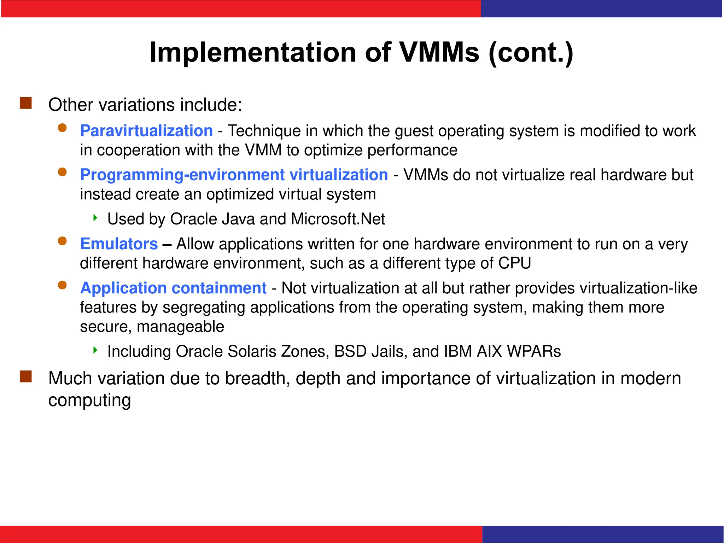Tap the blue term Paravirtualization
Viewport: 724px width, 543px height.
pos(146,131)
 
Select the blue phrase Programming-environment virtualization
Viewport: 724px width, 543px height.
pos(234,175)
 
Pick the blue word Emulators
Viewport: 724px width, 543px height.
pos(119,244)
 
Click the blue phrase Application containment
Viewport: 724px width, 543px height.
pos(173,288)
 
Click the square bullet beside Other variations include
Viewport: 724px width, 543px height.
pos(26,103)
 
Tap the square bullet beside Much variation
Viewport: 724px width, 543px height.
pos(26,376)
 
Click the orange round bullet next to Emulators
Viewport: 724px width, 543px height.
pos(62,241)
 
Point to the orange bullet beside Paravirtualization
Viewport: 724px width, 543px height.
pos(62,128)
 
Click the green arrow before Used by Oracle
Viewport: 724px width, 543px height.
pos(95,218)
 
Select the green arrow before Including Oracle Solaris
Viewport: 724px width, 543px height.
pos(95,350)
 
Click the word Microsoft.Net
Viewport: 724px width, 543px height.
pos(338,219)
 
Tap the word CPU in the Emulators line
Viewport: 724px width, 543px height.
pos(514,263)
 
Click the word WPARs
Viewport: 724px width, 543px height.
pos(534,351)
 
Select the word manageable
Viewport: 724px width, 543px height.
pos(180,327)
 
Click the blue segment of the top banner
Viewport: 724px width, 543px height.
pos(601,8)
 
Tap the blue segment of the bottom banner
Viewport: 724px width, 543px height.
pos(603,534)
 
